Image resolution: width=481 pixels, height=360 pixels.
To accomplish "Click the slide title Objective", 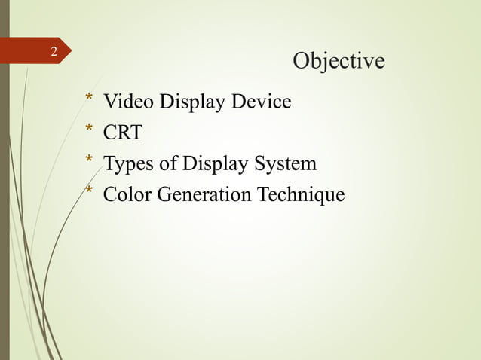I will pos(338,61).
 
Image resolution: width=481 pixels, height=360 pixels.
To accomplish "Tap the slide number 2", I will pos(54,52).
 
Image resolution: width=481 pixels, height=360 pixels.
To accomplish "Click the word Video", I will pos(123,101).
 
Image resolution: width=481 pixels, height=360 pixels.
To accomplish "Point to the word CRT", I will pos(122,133).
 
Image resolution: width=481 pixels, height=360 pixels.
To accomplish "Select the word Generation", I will pos(199,195).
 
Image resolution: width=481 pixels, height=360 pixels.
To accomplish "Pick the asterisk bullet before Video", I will pos(89,99).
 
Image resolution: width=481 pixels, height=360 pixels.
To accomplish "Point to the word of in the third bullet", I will pos(164,164).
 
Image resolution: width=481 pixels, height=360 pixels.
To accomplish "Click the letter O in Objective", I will pos(300,60).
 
